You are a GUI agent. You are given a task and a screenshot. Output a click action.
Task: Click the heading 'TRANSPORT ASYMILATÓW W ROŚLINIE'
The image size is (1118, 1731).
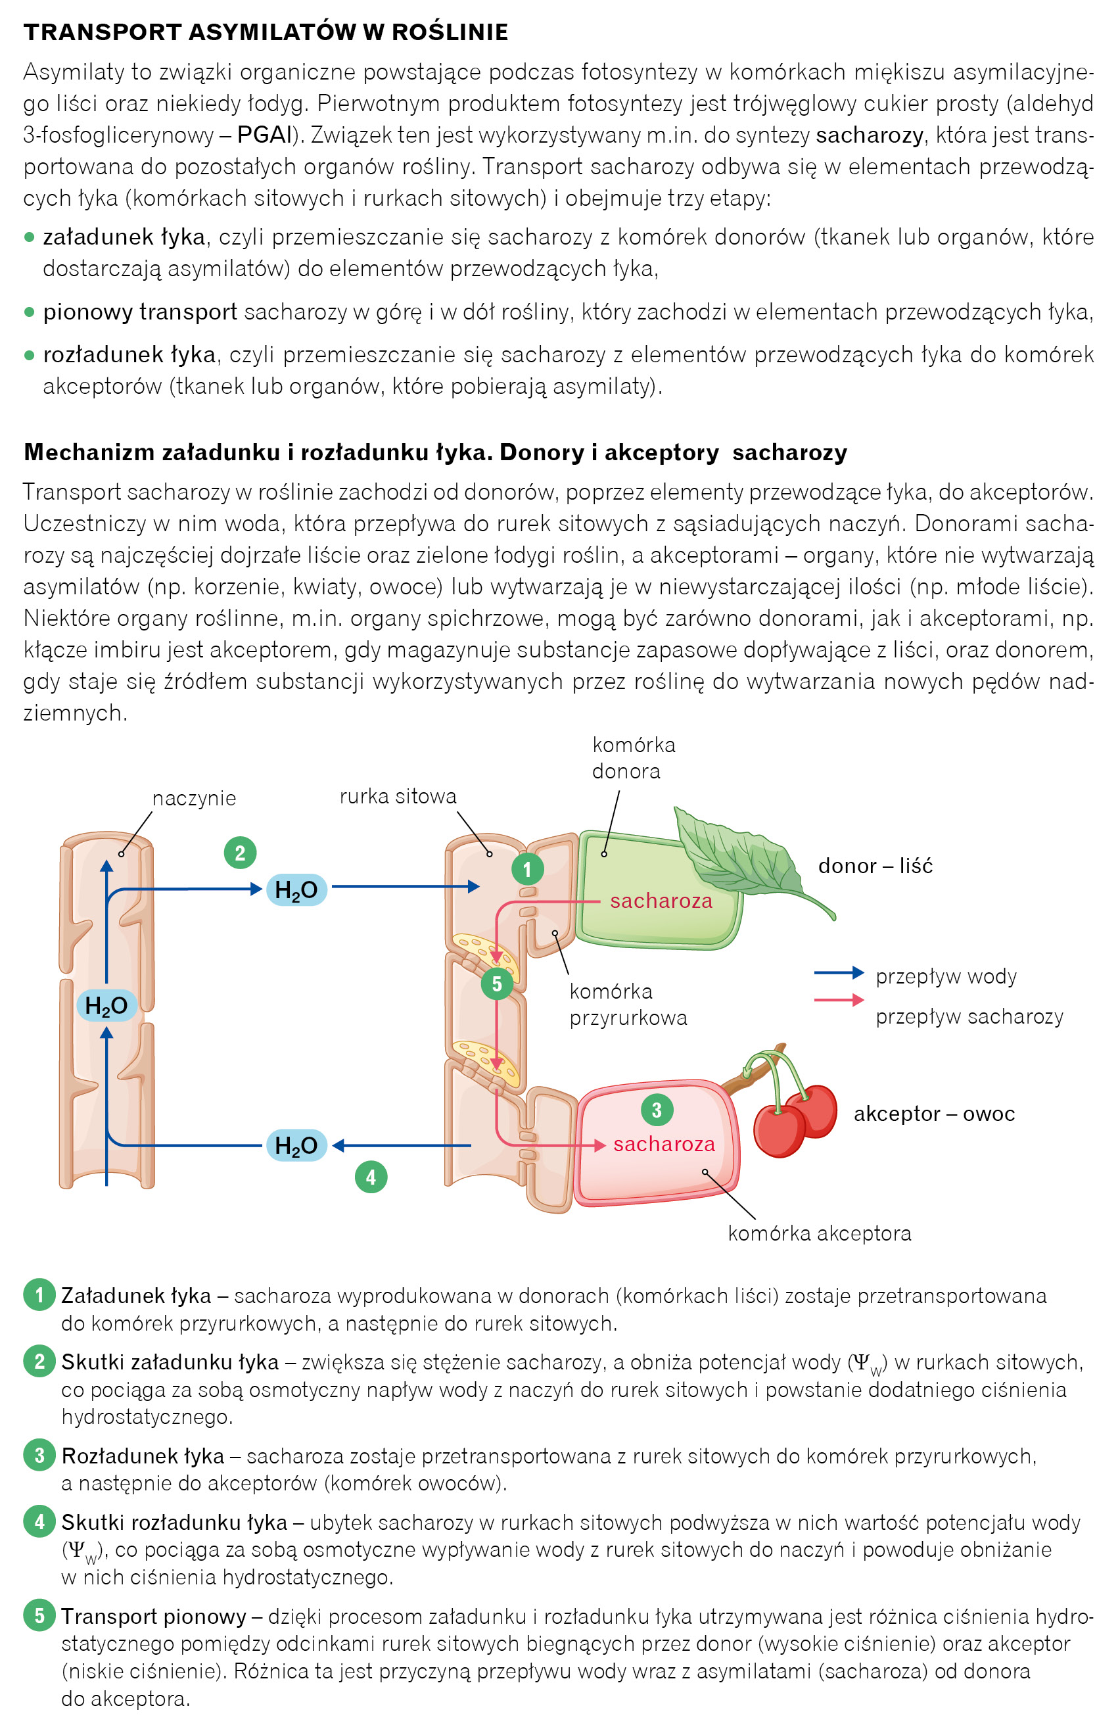pyautogui.click(x=266, y=32)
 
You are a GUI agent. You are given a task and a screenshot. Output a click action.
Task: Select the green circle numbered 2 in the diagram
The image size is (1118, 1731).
pyautogui.click(x=241, y=853)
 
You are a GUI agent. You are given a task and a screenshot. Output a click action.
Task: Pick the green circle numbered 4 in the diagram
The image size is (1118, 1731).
pyautogui.click(x=371, y=1177)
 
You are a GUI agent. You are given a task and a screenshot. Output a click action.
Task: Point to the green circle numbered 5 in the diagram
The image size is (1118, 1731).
pyautogui.click(x=497, y=984)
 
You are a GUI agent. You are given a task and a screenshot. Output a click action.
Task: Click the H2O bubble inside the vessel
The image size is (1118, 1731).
pyautogui.click(x=106, y=1006)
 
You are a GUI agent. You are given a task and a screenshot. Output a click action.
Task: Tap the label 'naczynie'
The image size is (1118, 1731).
pyautogui.click(x=194, y=798)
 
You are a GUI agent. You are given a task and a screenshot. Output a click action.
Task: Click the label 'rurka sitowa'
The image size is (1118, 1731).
pyautogui.click(x=398, y=797)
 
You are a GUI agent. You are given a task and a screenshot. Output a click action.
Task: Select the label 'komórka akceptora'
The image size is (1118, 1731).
pyautogui.click(x=819, y=1233)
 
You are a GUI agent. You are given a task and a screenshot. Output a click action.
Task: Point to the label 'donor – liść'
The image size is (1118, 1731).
pyautogui.click(x=875, y=865)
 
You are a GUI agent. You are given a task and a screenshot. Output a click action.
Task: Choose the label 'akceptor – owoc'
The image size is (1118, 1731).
pyautogui.click(x=933, y=1113)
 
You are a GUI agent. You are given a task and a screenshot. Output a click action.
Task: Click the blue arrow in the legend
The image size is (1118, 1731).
pyautogui.click(x=839, y=973)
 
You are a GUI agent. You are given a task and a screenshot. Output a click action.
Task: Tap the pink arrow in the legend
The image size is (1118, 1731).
pyautogui.click(x=839, y=1001)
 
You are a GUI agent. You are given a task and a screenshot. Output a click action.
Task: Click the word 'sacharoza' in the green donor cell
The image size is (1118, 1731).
pyautogui.click(x=661, y=901)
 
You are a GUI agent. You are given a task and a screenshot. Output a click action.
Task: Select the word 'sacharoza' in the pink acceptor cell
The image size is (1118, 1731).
pyautogui.click(x=664, y=1145)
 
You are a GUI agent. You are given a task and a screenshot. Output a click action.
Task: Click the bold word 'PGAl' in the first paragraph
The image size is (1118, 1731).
pyautogui.click(x=264, y=135)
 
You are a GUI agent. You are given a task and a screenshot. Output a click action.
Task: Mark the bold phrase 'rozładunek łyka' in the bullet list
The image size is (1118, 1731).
pyautogui.click(x=129, y=354)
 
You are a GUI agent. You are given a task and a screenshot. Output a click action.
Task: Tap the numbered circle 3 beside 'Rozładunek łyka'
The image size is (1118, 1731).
pyautogui.click(x=39, y=1455)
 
